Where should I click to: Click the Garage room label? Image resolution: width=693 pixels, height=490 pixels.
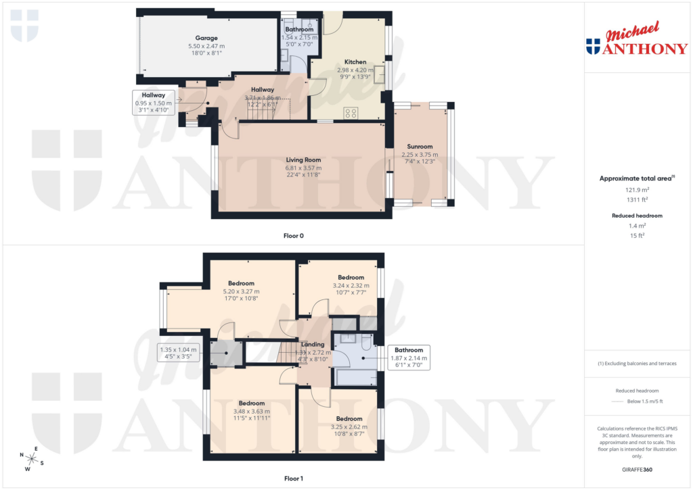(x=206, y=38)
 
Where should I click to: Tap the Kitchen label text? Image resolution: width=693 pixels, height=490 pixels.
(x=355, y=62)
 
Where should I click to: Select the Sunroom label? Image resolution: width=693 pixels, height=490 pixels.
(x=420, y=146)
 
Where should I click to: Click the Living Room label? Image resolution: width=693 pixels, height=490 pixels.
(x=303, y=160)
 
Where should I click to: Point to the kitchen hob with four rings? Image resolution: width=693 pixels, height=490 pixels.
(x=351, y=113)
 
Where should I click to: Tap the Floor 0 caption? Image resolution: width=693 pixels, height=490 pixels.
(x=293, y=236)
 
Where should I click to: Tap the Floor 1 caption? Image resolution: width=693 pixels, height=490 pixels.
(x=293, y=479)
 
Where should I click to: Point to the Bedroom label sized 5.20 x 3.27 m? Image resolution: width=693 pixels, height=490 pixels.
(x=241, y=283)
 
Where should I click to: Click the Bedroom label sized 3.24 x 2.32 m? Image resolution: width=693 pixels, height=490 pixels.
(x=351, y=277)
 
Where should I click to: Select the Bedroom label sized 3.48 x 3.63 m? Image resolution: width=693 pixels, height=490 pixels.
(x=251, y=403)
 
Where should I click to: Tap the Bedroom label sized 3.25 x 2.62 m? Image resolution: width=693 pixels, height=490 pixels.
(x=350, y=418)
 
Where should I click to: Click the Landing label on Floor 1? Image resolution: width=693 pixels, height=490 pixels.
(x=313, y=345)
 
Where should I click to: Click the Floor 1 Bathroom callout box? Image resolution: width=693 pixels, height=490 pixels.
(x=409, y=357)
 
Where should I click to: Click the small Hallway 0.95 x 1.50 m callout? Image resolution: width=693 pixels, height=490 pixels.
(x=154, y=102)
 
